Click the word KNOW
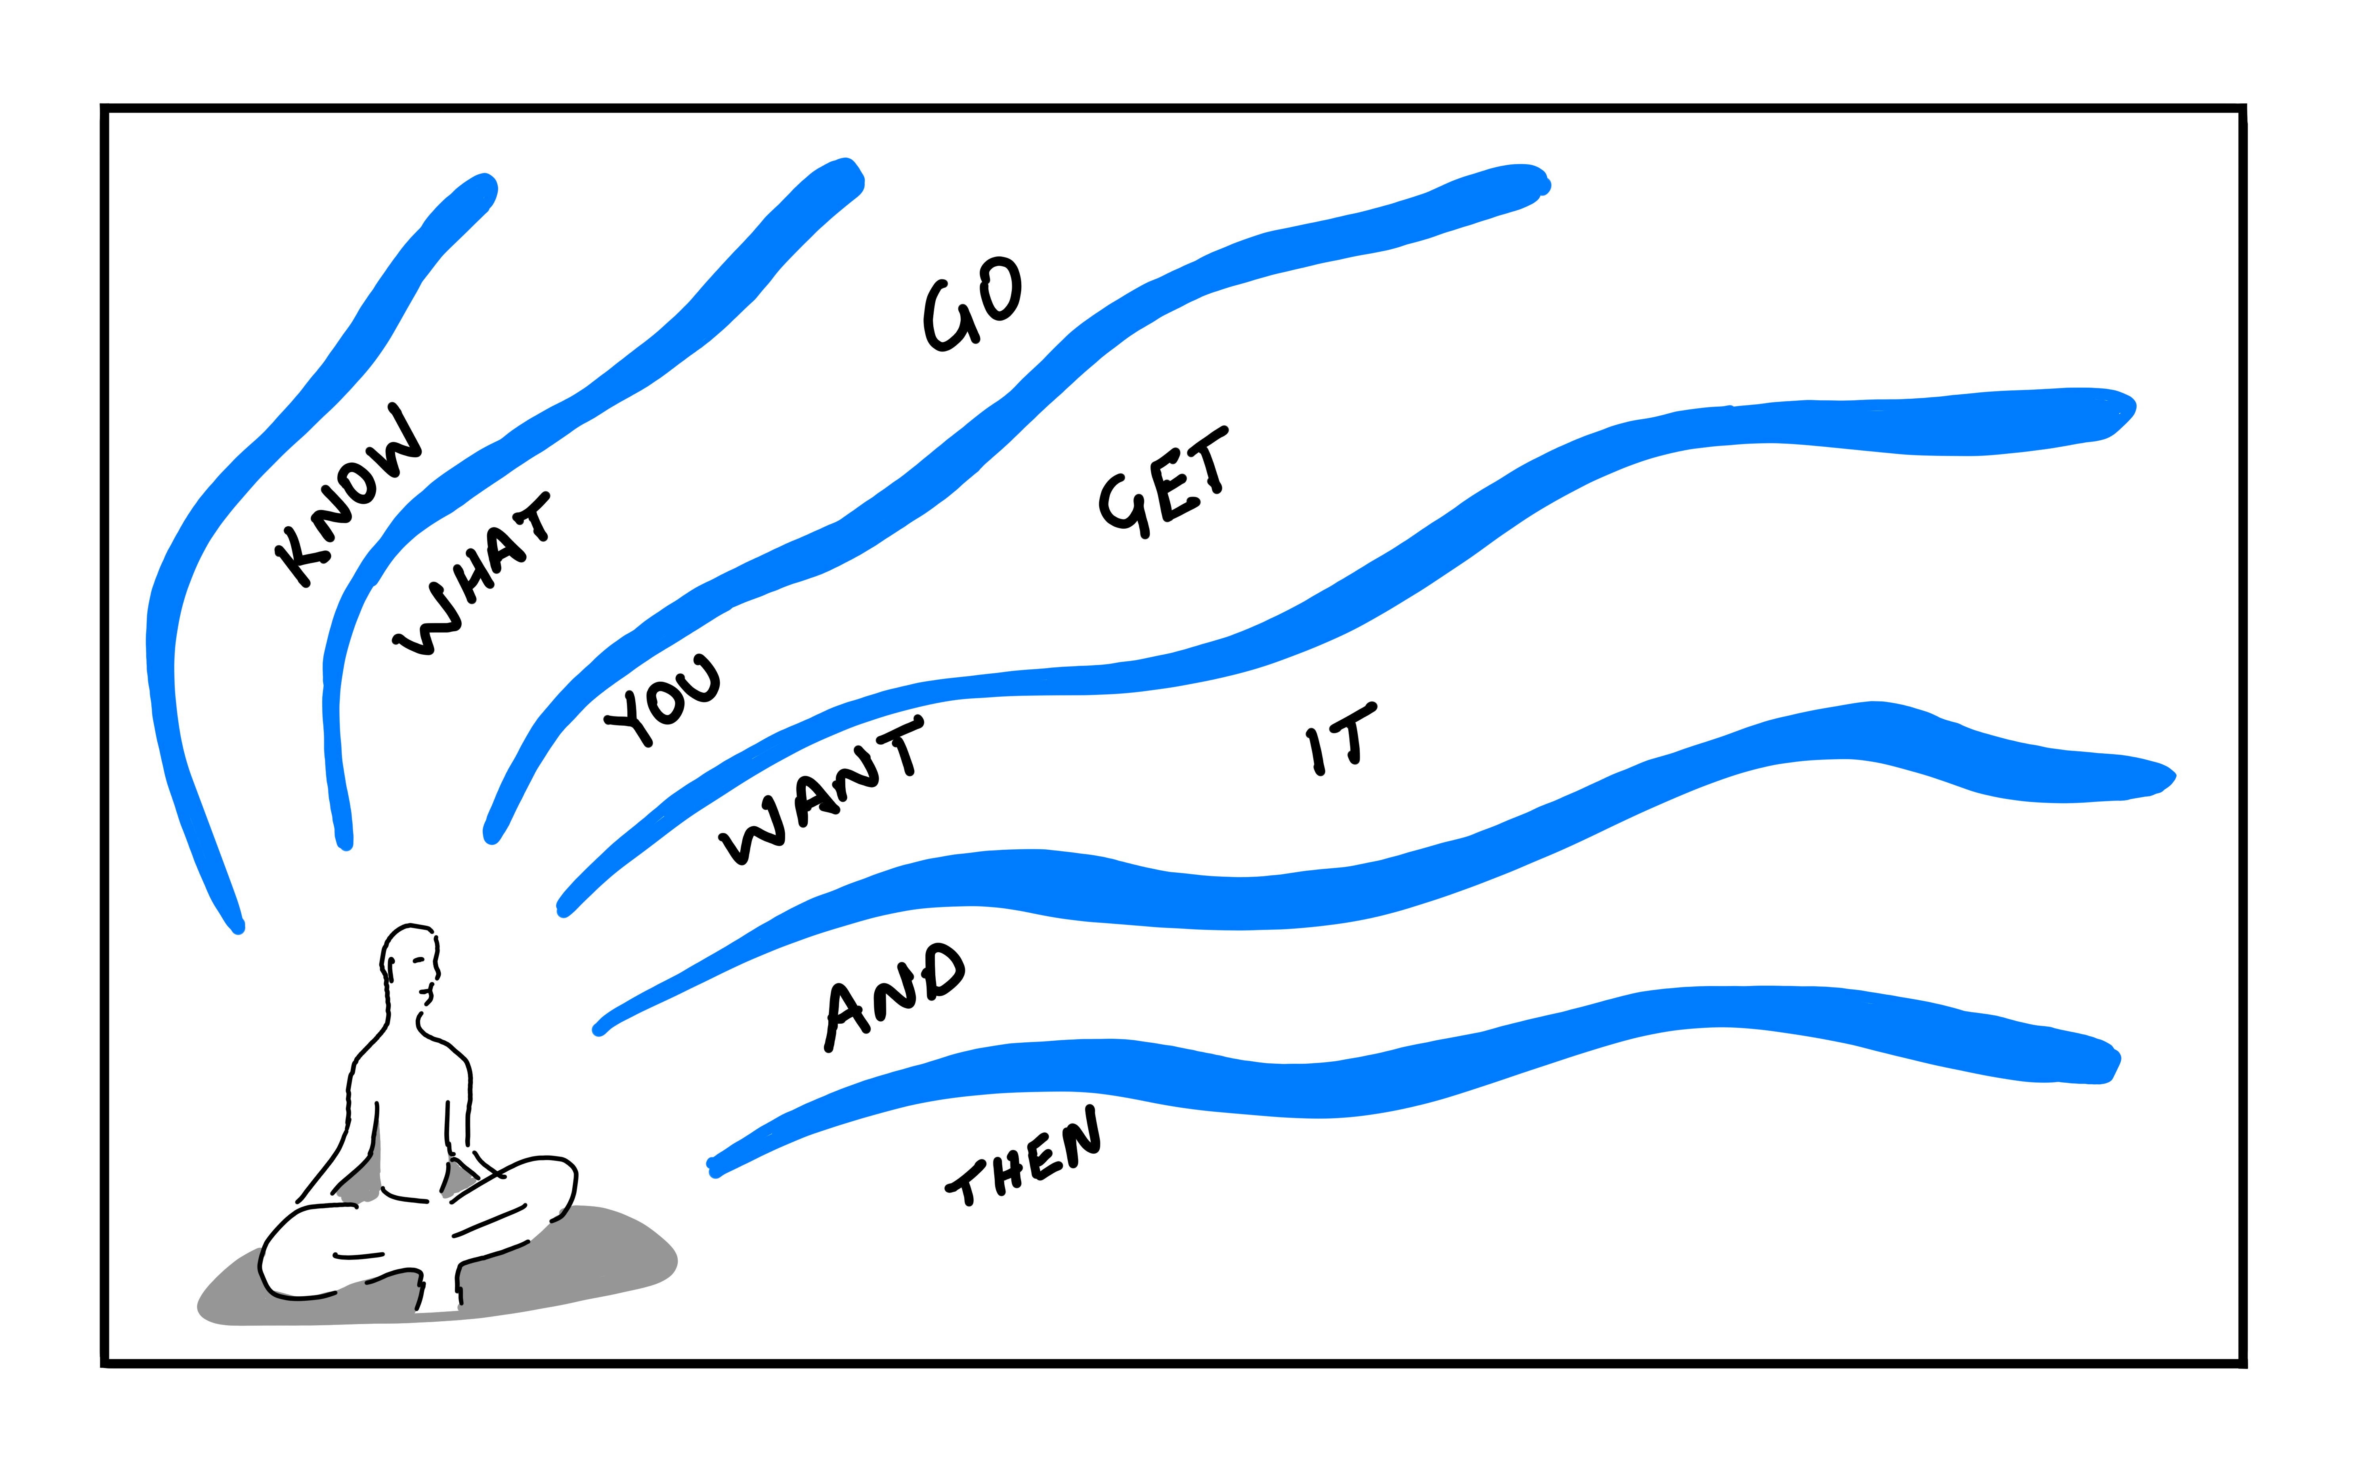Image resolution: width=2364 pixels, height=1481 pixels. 348,495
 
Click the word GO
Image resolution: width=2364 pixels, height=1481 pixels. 973,304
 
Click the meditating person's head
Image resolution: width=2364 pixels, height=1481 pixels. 409,960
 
